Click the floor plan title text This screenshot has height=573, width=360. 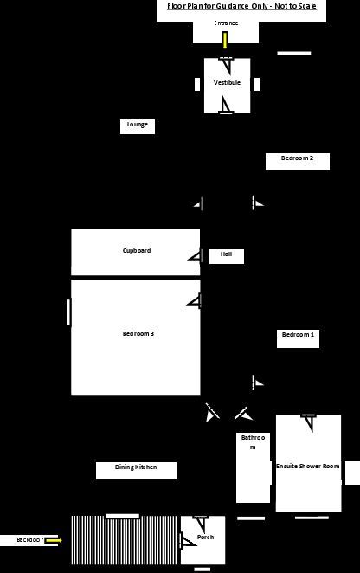(x=241, y=6)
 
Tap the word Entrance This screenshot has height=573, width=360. (x=226, y=23)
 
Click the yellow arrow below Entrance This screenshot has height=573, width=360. (x=225, y=40)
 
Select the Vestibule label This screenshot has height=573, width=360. (x=227, y=82)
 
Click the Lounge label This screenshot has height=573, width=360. (x=138, y=125)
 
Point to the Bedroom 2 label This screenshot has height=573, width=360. (x=297, y=158)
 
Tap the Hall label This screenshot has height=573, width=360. (x=226, y=254)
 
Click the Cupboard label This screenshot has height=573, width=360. (x=137, y=251)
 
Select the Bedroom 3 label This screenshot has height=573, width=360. (x=138, y=333)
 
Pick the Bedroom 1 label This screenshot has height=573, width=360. (x=298, y=335)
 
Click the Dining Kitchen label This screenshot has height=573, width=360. (x=136, y=467)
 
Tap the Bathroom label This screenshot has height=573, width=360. (x=253, y=442)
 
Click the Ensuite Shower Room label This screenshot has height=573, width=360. (x=308, y=467)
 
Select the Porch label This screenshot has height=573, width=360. (x=205, y=538)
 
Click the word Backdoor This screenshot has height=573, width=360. (x=30, y=540)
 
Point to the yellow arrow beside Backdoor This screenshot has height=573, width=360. (x=54, y=540)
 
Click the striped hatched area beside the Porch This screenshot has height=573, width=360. (x=125, y=540)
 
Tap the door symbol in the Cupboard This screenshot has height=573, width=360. (x=196, y=256)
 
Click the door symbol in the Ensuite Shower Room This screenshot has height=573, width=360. (x=309, y=422)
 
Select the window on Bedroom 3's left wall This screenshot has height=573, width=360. (x=68, y=312)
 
